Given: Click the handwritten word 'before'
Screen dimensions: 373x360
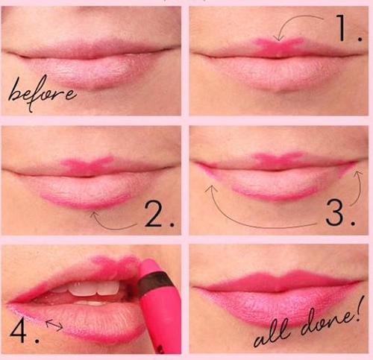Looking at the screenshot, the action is coord(42,93).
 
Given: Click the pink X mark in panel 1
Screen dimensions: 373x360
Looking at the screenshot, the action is coord(278,46).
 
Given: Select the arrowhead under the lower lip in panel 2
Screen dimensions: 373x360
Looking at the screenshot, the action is coord(94,214).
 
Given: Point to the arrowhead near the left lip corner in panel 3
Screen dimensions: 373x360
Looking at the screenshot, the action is coord(211,189).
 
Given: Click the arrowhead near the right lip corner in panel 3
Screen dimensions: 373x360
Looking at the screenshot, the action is coord(359,173).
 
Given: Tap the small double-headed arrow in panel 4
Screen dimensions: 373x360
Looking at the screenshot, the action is coord(54,325).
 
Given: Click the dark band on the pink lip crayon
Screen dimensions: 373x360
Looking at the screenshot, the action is coord(155,283).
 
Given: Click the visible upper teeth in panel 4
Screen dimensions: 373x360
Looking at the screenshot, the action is coord(95,288).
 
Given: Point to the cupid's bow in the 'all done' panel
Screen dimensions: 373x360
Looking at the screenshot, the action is coord(280,275).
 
